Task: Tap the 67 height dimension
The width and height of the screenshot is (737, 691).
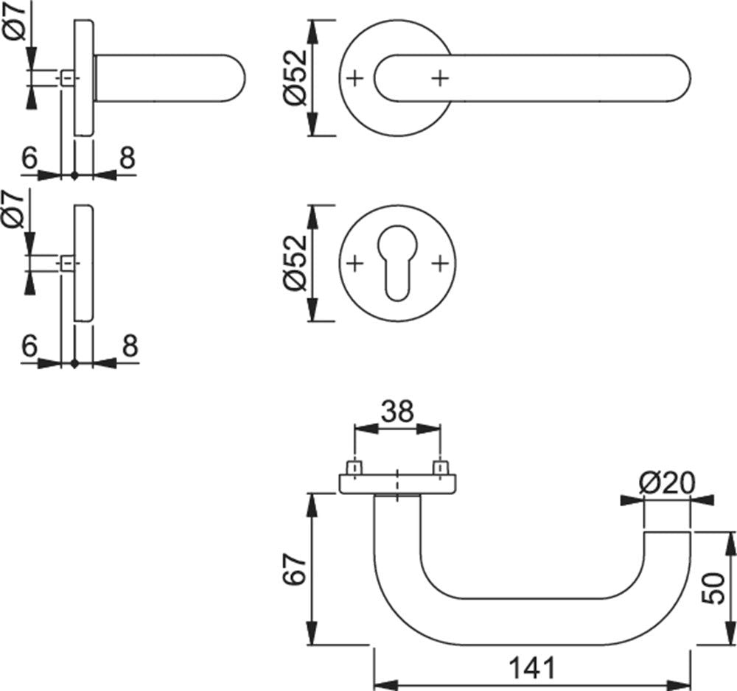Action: [x=295, y=569]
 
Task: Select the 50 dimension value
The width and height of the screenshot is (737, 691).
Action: [x=713, y=588]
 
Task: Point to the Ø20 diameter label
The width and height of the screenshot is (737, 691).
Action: [x=666, y=483]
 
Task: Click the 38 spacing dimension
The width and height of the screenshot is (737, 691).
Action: [x=397, y=411]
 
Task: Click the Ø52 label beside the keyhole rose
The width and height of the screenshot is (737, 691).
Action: [x=296, y=263]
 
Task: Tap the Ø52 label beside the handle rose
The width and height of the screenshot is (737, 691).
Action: [x=296, y=77]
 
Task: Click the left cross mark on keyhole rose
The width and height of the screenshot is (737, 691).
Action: [x=355, y=264]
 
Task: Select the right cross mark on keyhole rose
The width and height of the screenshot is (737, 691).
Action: [x=440, y=264]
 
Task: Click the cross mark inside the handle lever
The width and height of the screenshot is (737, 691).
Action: [x=440, y=78]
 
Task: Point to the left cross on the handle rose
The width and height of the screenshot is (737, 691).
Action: [x=355, y=78]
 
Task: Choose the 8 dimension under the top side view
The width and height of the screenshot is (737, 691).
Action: [x=127, y=158]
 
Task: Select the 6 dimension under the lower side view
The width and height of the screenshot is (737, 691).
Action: [x=29, y=345]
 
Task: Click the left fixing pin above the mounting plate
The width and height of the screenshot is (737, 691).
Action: [x=354, y=468]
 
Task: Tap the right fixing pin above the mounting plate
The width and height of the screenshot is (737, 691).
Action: [x=441, y=468]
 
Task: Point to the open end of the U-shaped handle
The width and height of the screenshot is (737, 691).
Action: [x=667, y=533]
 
